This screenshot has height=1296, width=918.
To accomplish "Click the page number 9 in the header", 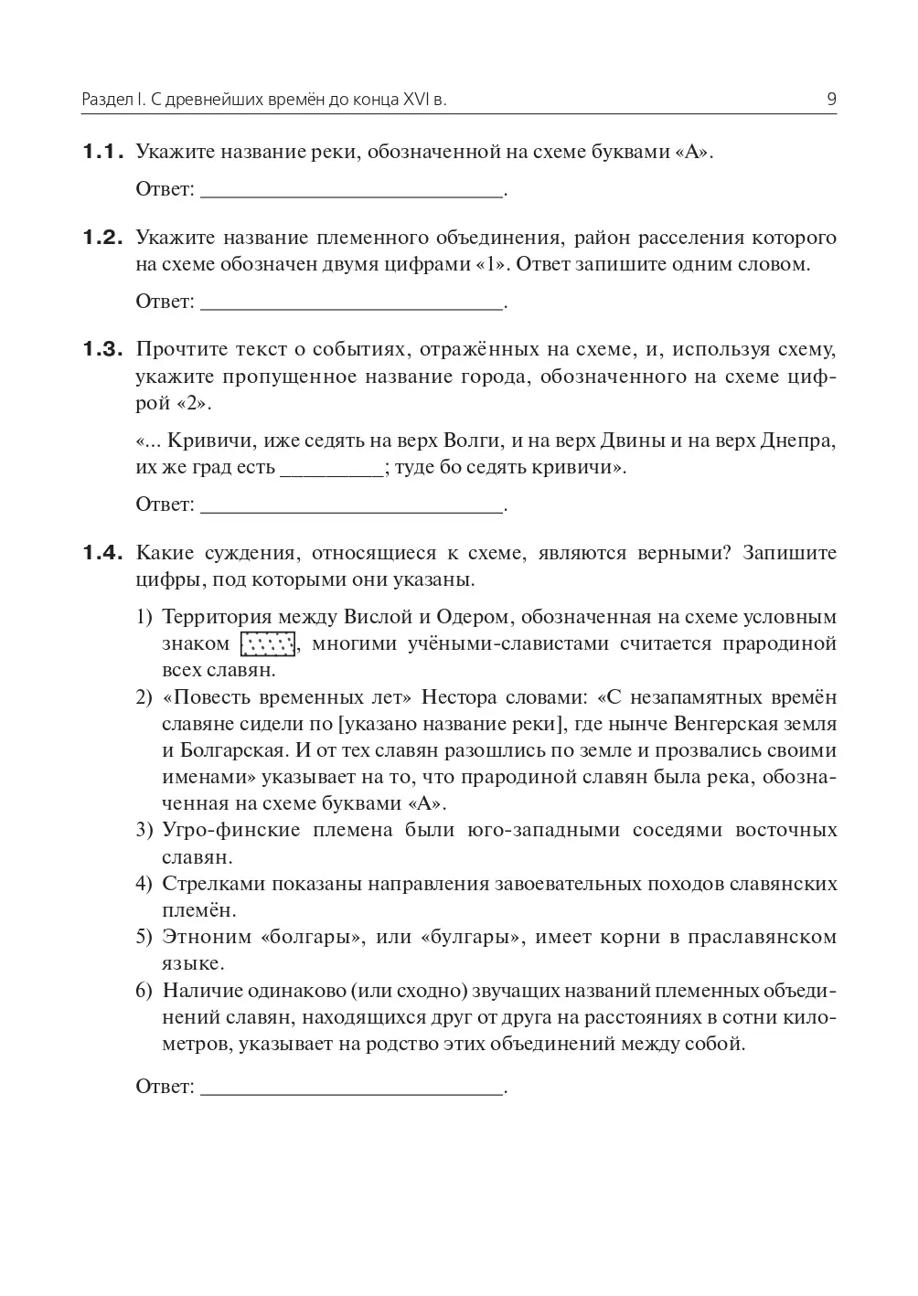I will coord(831,100).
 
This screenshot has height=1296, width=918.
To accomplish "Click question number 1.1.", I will coord(102,152).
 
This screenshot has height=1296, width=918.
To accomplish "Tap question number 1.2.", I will coord(102,238).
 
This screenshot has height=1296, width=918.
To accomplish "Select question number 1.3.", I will coord(102,349).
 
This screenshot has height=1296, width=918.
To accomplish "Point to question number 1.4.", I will coord(102,552).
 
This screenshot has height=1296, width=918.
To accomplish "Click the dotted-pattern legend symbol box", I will coord(268,644).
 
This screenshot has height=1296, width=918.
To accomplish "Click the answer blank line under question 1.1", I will coord(351,195).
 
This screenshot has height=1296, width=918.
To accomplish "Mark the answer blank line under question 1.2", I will coord(351,306).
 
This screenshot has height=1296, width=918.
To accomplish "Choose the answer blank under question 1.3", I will coord(351,509).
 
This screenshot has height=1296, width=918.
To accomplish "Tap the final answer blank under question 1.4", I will coord(351,1091).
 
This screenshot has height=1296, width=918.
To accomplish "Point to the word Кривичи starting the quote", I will coord(201,441).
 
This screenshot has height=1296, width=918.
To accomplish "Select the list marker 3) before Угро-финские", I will coord(144,831).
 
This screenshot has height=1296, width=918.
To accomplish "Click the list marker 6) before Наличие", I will coord(144,991).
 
